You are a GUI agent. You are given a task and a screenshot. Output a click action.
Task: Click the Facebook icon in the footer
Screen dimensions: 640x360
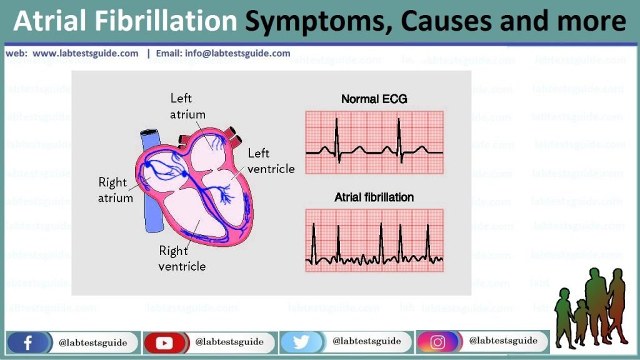(27, 342)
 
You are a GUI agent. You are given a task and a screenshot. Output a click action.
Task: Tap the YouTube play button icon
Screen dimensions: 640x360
(164, 342)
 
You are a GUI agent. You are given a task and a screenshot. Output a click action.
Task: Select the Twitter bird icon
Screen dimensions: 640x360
(301, 342)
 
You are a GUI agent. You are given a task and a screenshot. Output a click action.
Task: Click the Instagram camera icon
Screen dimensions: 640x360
(437, 342)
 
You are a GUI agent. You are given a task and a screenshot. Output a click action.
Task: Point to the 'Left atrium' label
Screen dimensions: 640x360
(187, 106)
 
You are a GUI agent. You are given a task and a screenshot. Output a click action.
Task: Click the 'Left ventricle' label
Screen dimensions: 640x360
(271, 161)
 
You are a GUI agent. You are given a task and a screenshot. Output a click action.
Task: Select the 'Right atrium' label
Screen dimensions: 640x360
(116, 190)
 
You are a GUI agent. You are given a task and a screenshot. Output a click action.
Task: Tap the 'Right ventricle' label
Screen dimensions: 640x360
(182, 258)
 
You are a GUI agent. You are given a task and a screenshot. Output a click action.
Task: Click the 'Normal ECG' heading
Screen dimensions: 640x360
(374, 99)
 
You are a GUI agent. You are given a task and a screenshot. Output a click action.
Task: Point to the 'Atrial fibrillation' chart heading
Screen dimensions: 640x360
(374, 197)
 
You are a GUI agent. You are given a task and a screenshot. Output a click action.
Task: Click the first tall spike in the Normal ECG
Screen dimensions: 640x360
(337, 139)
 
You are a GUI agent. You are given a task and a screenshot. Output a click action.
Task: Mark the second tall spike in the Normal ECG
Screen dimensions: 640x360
(399, 139)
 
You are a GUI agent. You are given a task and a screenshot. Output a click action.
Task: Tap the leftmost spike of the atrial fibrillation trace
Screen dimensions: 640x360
(314, 243)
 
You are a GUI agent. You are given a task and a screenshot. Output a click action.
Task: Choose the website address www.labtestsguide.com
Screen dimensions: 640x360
(85, 54)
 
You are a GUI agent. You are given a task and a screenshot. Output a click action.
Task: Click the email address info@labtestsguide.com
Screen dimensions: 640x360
(237, 54)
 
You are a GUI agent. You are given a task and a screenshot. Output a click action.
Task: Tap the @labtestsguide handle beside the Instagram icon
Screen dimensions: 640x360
(503, 341)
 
